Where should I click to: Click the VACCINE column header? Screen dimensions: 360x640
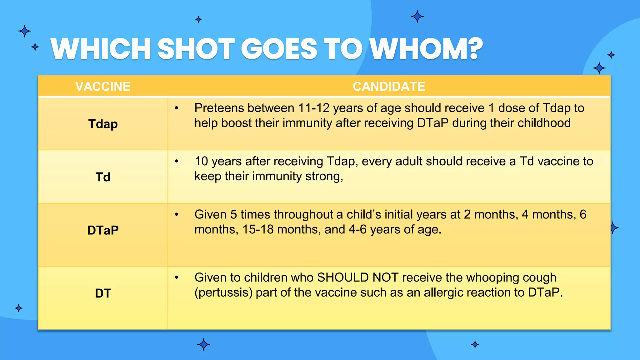pos(103,87)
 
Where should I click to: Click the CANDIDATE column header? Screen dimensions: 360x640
pos(389,87)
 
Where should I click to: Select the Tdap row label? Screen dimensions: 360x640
pos(103,124)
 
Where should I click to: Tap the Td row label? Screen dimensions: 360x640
pos(103,177)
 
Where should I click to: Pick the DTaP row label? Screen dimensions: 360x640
pos(103,230)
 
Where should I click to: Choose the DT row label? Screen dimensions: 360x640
pos(103,293)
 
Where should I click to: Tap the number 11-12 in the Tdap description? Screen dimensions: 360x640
pos(313,108)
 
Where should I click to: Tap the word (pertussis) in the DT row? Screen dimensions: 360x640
pos(223,293)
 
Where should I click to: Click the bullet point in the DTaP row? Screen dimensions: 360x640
pos(177,215)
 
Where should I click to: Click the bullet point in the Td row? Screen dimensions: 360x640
pos(177,162)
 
